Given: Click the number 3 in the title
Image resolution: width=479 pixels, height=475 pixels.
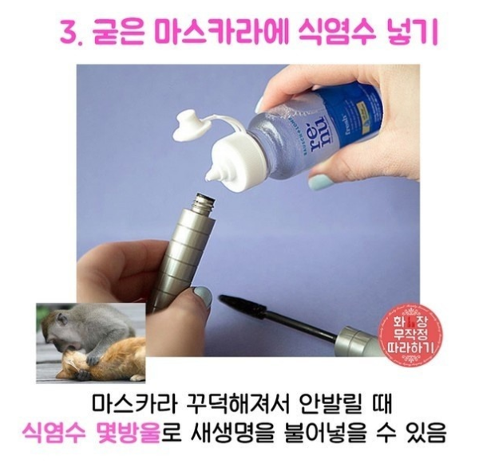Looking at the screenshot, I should click(x=67, y=33).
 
